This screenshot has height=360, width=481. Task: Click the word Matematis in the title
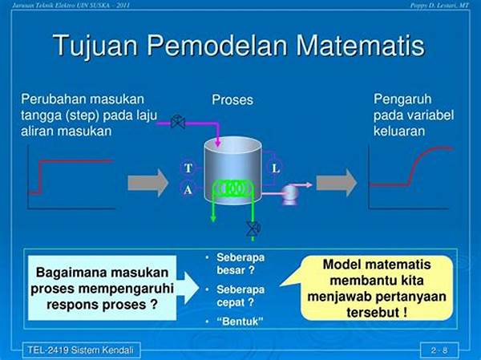(360, 45)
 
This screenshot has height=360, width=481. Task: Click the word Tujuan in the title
(95, 47)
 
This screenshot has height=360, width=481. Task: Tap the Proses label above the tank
(232, 99)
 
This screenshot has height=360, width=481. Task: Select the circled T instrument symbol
(188, 168)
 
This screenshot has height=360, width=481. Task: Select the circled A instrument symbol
(188, 189)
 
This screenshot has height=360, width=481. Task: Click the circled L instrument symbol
(275, 168)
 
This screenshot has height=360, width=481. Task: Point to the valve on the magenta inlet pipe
(178, 122)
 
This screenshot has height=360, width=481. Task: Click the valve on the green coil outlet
(253, 229)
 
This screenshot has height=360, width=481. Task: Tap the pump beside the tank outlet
(290, 193)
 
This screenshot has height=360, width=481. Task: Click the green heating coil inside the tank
(233, 188)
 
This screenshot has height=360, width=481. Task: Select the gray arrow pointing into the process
(148, 183)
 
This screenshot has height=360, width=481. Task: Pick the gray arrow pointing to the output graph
(337, 183)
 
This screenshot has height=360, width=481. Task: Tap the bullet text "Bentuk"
(240, 322)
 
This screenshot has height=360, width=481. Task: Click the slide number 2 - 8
(439, 350)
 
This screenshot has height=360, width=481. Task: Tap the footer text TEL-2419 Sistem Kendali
(81, 350)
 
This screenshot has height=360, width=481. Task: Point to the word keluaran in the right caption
(399, 131)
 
